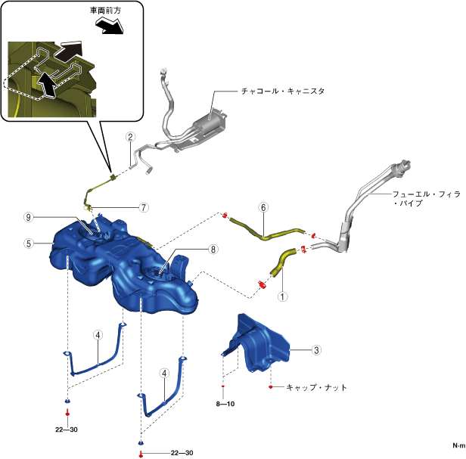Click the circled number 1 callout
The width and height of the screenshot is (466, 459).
[282, 296]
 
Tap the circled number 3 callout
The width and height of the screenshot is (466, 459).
[317, 350]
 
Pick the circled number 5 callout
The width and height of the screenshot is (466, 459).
[28, 243]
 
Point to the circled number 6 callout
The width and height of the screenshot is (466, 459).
[263, 206]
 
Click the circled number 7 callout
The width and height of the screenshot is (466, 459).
[143, 207]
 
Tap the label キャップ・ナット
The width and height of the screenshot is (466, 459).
[317, 387]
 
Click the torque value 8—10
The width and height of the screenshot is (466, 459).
[225, 404]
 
